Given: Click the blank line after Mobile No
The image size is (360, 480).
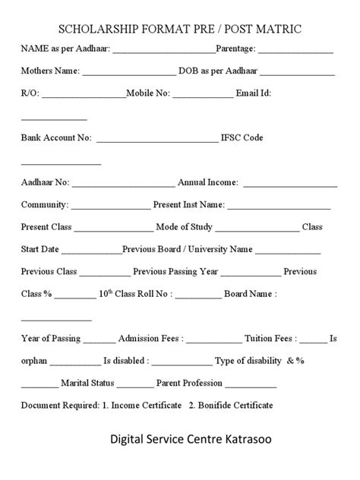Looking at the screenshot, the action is [x=204, y=94].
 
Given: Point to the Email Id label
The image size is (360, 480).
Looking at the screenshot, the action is [x=254, y=93].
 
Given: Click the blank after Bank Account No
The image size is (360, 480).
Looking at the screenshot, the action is [x=156, y=138].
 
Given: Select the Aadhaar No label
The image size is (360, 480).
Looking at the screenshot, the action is [x=45, y=182].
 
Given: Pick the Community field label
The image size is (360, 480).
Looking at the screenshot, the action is [x=45, y=204].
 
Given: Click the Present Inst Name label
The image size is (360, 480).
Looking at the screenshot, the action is [x=188, y=204].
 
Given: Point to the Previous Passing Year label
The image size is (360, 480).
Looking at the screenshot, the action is [x=175, y=270].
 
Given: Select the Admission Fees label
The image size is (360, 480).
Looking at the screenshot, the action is [x=149, y=338].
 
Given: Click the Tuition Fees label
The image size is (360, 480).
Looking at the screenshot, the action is [x=274, y=338].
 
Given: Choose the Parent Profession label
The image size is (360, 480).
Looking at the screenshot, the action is [x=189, y=383].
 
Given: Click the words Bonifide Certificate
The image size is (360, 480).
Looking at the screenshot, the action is [x=235, y=405].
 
